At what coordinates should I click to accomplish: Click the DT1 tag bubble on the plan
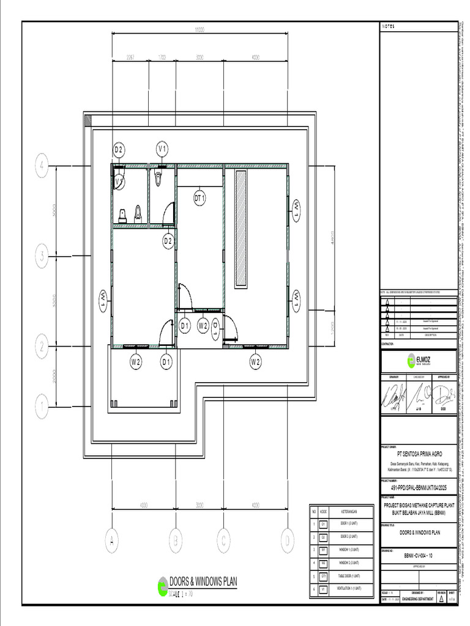pyautogui.click(x=200, y=197)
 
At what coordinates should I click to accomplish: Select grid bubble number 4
pyautogui.click(x=42, y=166)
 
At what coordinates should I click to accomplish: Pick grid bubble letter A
pyautogui.click(x=112, y=540)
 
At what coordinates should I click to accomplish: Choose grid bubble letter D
pyautogui.click(x=286, y=540)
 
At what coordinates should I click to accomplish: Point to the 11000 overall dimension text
pyautogui.click(x=200, y=29)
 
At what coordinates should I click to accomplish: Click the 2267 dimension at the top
pyautogui.click(x=130, y=57)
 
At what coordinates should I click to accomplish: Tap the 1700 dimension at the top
pyautogui.click(x=162, y=57)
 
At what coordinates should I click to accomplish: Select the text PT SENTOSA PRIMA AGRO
pyautogui.click(x=418, y=454)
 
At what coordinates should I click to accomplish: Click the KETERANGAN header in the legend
pyautogui.click(x=349, y=511)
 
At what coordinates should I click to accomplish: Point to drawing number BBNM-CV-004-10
pyautogui.click(x=418, y=555)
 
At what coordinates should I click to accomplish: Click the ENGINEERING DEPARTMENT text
pyautogui.click(x=422, y=599)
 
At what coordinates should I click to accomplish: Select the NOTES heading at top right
pyautogui.click(x=389, y=26)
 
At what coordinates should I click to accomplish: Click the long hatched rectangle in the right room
pyautogui.click(x=241, y=227)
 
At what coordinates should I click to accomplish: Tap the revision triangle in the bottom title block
pyautogui.click(x=442, y=599)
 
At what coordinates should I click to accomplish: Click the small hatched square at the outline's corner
pyautogui.click(x=88, y=120)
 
